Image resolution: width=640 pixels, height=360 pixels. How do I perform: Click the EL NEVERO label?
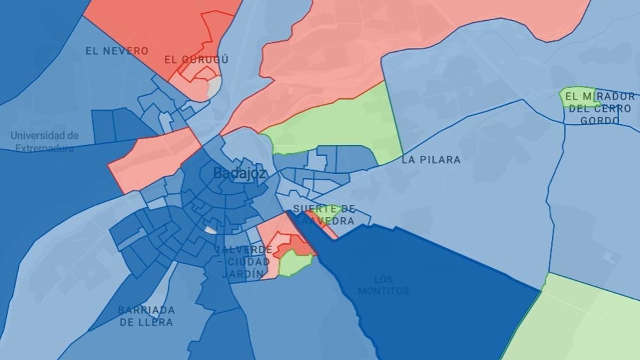117,51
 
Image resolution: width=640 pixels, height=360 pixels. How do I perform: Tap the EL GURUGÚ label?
196,60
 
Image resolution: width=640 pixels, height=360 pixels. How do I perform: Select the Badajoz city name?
240,173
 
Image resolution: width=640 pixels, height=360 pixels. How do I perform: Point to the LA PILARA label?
431,159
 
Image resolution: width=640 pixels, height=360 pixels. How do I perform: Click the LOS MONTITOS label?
383,285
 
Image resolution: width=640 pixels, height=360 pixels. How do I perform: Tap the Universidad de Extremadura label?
45,142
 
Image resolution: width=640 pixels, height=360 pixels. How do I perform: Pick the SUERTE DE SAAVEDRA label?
324,214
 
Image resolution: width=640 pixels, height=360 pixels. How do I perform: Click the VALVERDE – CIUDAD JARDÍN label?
243,262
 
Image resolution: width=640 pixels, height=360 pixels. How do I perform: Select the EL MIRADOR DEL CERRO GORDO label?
600,108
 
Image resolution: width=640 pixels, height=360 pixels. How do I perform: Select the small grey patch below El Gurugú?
213,85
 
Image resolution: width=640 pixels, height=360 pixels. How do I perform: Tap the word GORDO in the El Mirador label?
600,121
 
